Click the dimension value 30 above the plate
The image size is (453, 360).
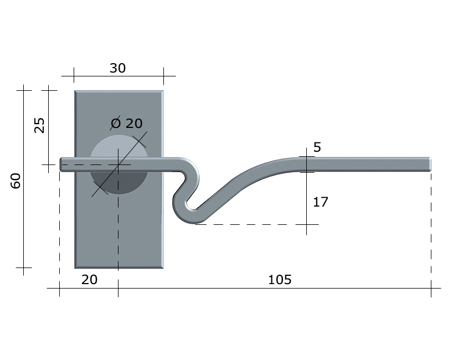117,68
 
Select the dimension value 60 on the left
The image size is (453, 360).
16,181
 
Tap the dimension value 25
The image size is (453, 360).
39,125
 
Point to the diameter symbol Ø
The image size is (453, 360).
116,123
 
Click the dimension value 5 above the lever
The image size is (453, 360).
317,147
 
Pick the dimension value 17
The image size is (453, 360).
321,202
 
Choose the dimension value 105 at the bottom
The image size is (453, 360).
280,280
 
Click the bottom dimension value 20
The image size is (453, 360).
89,280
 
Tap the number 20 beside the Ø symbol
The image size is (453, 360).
134,124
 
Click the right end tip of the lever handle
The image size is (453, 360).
431,164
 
